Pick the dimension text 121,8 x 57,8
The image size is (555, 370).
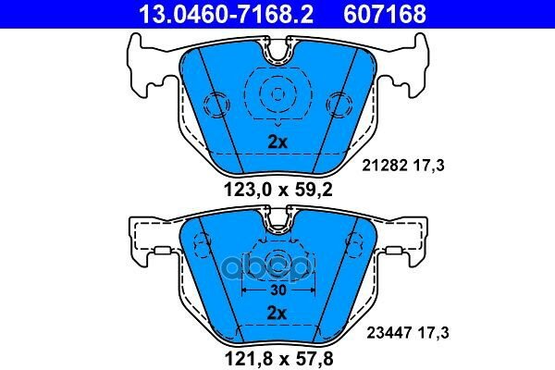tap(276, 355)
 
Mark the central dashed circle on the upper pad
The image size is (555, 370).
tap(276, 92)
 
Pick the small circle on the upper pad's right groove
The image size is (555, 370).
tap(339, 104)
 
